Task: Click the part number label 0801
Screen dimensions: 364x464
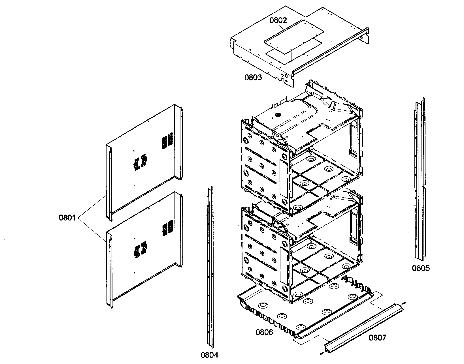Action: [x=67, y=218]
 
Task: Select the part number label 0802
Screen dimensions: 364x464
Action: [x=278, y=20]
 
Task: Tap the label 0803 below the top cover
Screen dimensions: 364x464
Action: [x=253, y=77]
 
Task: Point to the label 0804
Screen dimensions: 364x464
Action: [x=209, y=355]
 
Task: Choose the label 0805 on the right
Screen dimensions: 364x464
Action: [x=421, y=268]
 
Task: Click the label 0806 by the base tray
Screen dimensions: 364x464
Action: [x=264, y=332]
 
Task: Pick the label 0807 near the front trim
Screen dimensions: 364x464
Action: [x=377, y=337]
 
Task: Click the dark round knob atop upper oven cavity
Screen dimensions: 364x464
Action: [x=278, y=115]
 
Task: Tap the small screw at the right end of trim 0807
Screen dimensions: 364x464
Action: [x=405, y=303]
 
